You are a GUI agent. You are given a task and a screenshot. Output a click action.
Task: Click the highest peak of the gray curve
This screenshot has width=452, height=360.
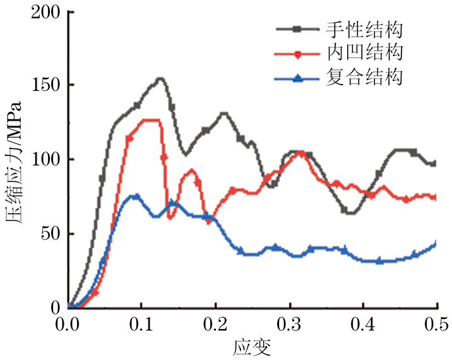pos(160,79)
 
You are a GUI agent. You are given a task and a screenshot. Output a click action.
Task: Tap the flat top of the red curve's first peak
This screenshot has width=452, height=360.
pos(150,120)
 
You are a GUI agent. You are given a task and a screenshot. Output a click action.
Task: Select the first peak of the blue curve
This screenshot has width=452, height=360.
pos(134,196)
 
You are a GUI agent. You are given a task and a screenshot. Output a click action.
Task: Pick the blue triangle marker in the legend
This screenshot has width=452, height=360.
pos(299,78)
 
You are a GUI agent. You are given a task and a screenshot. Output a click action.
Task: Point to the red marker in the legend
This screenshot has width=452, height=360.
pos(299,54)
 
